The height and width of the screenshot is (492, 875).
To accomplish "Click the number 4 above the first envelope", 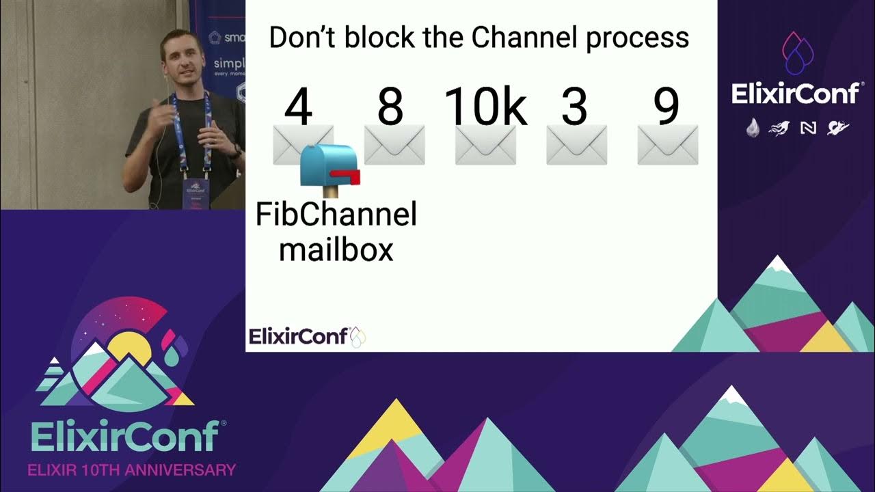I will click(298, 108).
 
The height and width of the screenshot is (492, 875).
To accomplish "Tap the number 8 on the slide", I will click(390, 108).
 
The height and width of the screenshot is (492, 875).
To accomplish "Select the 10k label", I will click(485, 108).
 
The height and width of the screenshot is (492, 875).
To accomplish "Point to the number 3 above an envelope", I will click(575, 108).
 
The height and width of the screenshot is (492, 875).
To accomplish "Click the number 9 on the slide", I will click(666, 108).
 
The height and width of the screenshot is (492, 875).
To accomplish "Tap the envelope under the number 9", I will click(667, 145).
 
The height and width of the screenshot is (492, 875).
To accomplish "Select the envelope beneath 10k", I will click(485, 145).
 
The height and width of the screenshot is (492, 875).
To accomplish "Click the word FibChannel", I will click(336, 215).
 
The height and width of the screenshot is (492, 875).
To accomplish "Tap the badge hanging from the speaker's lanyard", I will click(195, 191).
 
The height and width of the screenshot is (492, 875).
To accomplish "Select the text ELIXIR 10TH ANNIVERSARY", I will click(131, 470).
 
